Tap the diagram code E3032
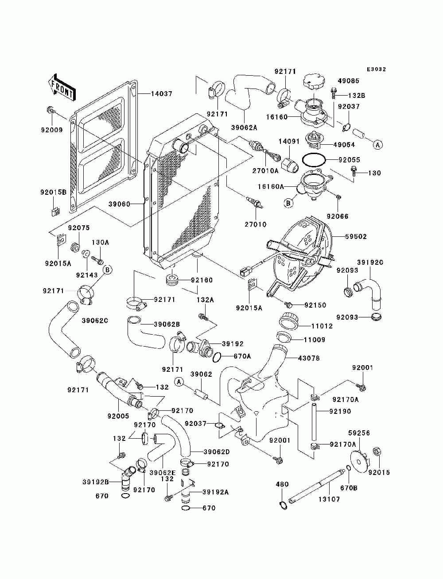pos(376,69)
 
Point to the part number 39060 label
pos(119,204)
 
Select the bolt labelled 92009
pos(50,109)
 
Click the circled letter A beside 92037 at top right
pos(377,144)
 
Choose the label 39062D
pos(216,452)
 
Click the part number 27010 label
pos(256,224)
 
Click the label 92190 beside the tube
pos(340,412)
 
